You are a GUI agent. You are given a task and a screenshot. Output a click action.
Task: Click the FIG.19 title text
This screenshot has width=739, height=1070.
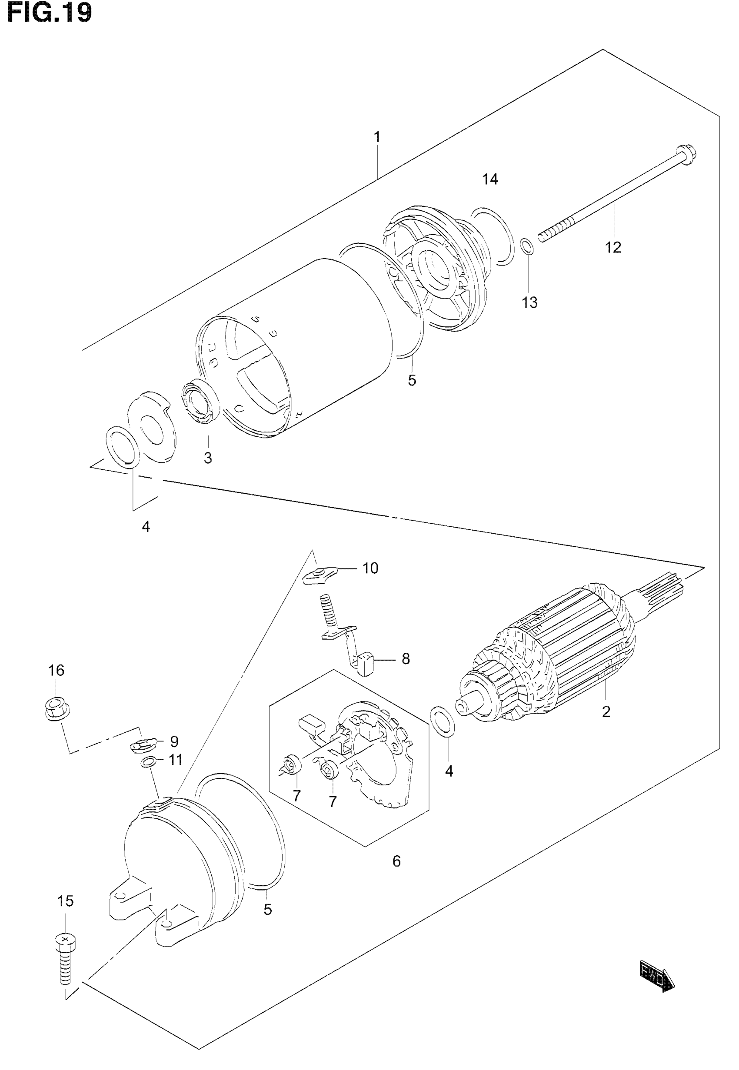(50, 13)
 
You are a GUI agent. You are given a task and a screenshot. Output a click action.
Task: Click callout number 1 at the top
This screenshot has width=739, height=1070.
(377, 137)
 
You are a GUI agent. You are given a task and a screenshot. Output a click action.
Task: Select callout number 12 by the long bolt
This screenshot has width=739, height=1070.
(613, 248)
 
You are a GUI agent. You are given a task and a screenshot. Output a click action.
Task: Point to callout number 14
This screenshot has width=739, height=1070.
(490, 179)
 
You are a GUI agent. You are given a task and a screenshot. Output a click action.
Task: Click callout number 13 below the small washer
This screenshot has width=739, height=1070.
(530, 302)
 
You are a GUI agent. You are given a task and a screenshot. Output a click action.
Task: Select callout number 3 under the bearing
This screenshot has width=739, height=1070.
(208, 458)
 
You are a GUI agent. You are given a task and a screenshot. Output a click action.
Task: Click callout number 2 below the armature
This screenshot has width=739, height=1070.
(606, 711)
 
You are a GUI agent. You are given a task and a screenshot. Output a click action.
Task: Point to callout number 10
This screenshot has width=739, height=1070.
(370, 568)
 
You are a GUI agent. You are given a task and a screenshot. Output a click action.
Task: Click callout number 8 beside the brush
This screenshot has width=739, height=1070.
(406, 658)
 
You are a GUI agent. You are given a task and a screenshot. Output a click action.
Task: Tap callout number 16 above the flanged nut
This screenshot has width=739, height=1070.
(57, 670)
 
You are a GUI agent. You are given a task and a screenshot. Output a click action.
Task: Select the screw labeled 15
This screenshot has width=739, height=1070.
(65, 954)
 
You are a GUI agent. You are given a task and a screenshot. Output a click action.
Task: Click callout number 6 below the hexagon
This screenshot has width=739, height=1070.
(396, 861)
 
